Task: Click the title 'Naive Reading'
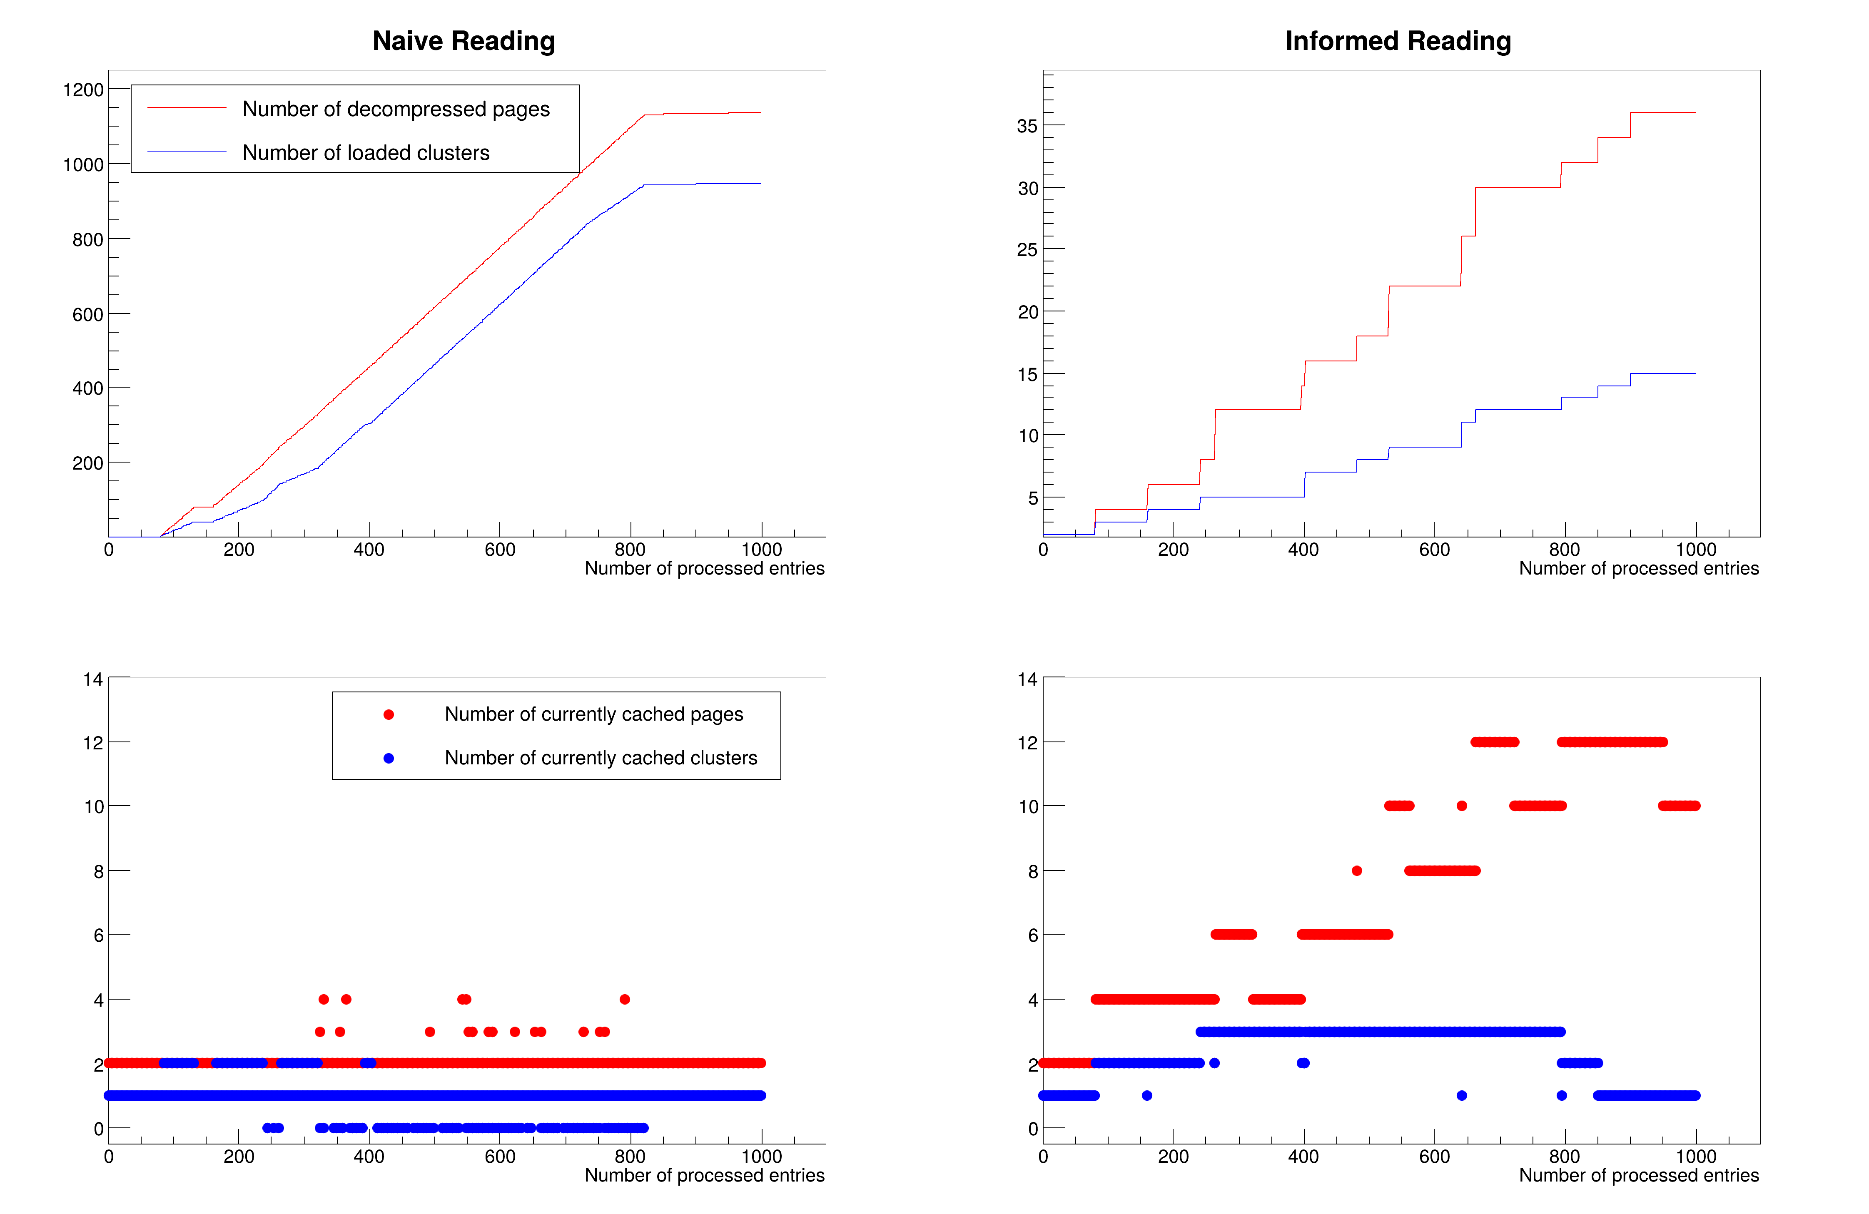tap(464, 41)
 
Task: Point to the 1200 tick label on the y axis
tap(83, 90)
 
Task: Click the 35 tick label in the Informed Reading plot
tap(1027, 127)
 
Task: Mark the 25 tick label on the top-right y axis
tap(1027, 251)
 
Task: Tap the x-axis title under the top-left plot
tap(704, 569)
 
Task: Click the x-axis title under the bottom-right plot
tap(1638, 1176)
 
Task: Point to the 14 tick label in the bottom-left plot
tap(93, 679)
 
